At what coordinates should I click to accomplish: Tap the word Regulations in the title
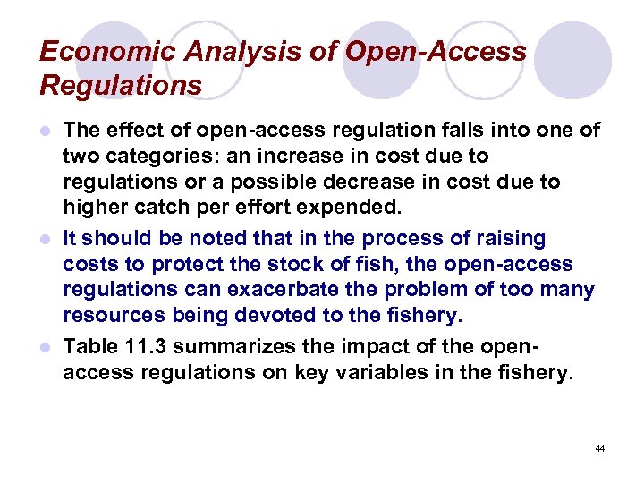[121, 87]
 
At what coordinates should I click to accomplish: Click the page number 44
[600, 447]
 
